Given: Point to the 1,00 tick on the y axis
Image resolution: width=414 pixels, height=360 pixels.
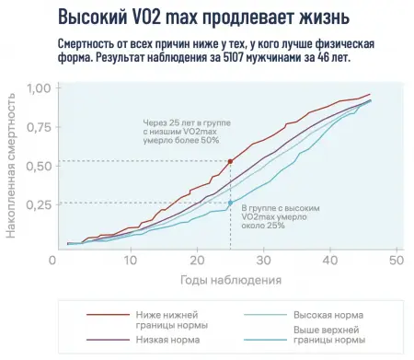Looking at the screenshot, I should click(x=39, y=88).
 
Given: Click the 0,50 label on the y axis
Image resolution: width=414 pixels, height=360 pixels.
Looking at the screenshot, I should click(x=39, y=166).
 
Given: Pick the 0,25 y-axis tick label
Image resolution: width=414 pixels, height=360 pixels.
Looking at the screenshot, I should click(x=39, y=204).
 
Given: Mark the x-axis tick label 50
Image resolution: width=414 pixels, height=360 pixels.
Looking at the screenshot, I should click(x=397, y=261).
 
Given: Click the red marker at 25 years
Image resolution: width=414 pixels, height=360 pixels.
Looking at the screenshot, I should click(x=229, y=161).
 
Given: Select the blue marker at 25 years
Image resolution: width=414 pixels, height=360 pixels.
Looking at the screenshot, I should click(x=229, y=202).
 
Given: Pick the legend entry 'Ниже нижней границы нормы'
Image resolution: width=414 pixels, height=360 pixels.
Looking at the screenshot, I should click(x=171, y=319).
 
